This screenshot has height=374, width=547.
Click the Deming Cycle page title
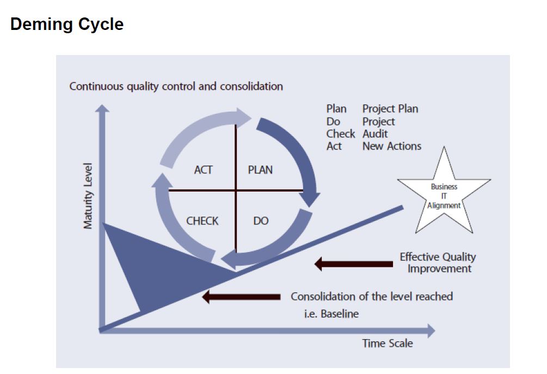(x=67, y=24)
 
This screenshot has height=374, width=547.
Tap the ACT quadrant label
(x=203, y=170)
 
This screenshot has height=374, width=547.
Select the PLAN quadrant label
(x=260, y=170)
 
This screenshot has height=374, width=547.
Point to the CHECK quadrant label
(x=202, y=221)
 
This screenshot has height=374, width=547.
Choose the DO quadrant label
(x=261, y=221)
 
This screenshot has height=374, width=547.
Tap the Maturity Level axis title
(x=88, y=195)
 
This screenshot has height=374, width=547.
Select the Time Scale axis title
(x=388, y=344)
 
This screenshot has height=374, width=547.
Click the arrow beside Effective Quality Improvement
(x=353, y=264)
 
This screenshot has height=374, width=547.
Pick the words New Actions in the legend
(x=392, y=146)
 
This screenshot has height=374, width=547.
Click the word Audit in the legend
(x=375, y=134)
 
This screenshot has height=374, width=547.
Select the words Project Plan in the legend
(x=390, y=109)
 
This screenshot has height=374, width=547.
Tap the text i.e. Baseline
(x=331, y=314)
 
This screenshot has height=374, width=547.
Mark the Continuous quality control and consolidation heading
(x=176, y=86)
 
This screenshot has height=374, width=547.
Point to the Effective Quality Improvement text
(x=438, y=262)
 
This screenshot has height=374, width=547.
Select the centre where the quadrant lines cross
(x=236, y=190)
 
